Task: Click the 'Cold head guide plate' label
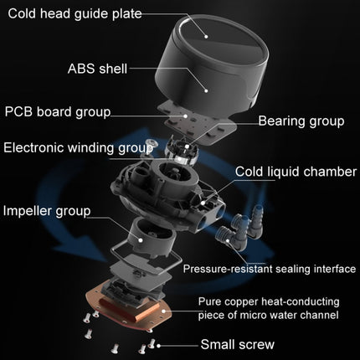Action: pos(75,14)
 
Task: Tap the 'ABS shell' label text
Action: pos(97,69)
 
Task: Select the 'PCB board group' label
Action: pos(58,112)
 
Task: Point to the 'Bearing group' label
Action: pos(301,121)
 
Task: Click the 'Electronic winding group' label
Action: pos(78,147)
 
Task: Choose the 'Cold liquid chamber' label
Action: pos(296,172)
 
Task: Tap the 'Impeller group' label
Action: pos(47,211)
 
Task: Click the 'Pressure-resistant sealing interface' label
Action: pos(270,269)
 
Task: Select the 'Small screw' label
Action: pos(238,344)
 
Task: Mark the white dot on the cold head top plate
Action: pos(206,36)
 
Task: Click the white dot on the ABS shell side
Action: pos(206,90)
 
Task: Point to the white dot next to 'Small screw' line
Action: pos(158,346)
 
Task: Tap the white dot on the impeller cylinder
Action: pos(141,239)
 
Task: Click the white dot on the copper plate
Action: pos(163,311)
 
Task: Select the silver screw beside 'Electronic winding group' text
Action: pos(151,144)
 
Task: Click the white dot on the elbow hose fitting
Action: pos(228,240)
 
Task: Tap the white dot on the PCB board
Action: pos(185,116)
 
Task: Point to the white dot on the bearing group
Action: pos(188,146)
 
